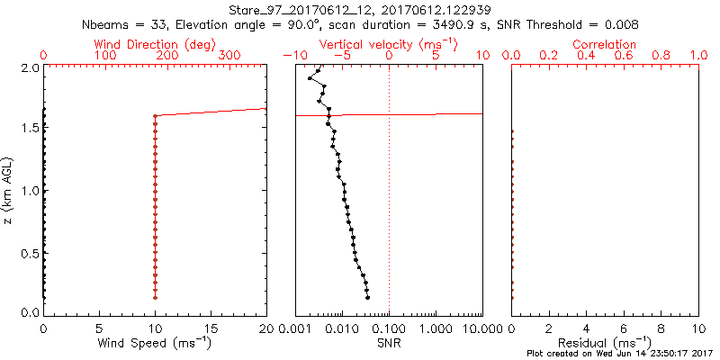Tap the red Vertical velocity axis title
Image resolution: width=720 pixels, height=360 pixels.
[387, 44]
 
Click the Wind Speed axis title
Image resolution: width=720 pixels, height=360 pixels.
[155, 343]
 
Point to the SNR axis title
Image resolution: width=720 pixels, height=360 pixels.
[389, 343]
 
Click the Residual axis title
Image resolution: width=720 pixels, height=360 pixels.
[604, 343]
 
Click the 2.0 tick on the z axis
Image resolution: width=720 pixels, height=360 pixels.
[30, 68]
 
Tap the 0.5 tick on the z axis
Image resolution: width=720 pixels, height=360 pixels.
[30, 252]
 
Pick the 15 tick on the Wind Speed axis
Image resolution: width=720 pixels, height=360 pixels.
[211, 328]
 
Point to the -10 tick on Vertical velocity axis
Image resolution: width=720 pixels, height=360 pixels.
[290, 57]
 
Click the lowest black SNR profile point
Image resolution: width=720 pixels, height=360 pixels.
[368, 297]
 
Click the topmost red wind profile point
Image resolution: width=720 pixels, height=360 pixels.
[155, 115]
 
